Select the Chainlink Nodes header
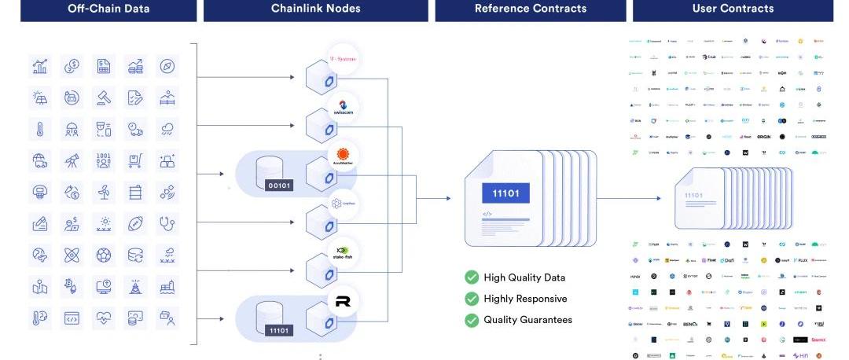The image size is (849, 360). pos(316,9)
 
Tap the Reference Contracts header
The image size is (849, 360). pos(531,9)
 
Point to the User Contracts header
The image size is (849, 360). pos(733,9)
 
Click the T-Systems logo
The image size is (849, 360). pos(343,59)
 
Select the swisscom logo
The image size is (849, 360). pos(343,108)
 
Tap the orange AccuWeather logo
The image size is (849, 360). pos(343,156)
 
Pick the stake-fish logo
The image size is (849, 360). pos(343,252)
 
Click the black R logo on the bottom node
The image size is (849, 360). pos(343,301)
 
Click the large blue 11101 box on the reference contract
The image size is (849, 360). pos(505,193)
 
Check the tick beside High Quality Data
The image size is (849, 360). pos(472,277)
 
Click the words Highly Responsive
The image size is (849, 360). pos(525,299)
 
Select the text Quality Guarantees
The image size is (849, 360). pos(527,320)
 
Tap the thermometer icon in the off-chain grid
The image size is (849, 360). pos(40,129)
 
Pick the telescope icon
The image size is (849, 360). pos(72,160)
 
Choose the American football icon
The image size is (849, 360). pos(135,223)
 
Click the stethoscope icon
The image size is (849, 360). pos(167,223)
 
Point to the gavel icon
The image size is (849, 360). pos(104,97)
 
